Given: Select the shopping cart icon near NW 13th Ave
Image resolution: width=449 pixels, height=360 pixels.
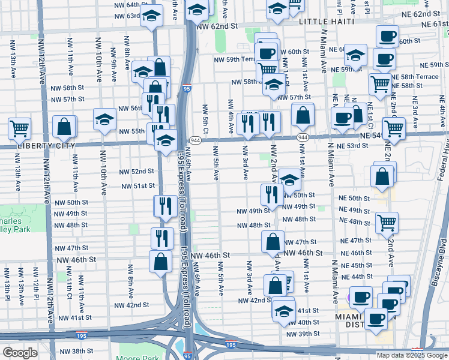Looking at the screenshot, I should tap(20, 128).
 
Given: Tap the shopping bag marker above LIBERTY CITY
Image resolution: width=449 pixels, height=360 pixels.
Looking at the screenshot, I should tap(64, 127).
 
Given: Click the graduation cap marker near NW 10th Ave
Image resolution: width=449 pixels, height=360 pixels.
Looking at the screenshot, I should tap(104, 119).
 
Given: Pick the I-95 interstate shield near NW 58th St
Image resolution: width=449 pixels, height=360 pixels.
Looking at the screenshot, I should tap(187, 88).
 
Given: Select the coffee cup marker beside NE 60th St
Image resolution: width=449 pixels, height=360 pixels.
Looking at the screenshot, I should tap(387, 35).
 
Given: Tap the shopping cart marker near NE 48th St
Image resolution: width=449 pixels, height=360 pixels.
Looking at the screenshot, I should tap(387, 223).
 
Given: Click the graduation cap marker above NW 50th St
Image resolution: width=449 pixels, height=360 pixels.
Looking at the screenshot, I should tap(289, 181).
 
